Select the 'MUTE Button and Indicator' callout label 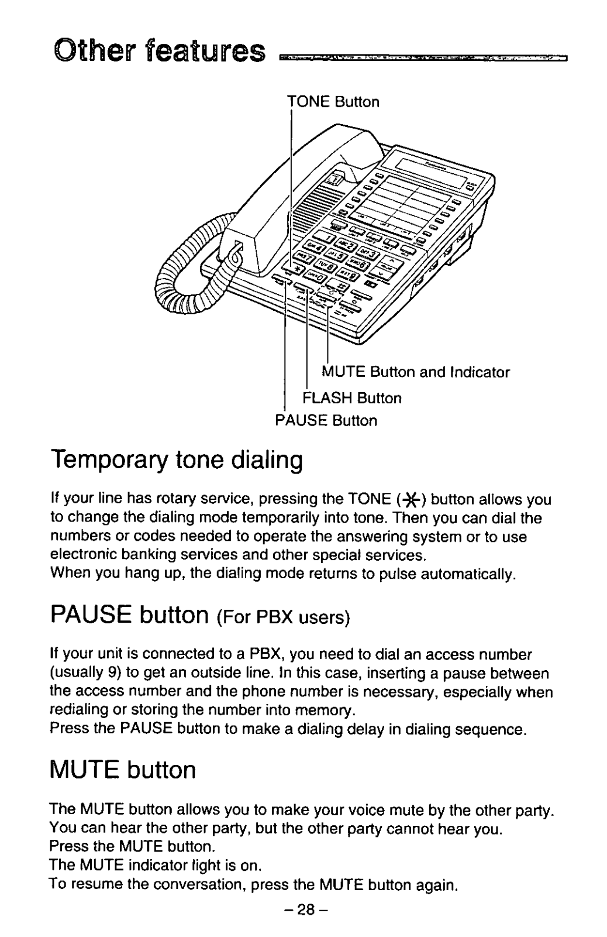tap(416, 372)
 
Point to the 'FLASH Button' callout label tap(352, 399)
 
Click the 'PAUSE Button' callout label tap(326, 421)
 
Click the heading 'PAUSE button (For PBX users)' tap(200, 615)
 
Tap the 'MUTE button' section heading tap(123, 770)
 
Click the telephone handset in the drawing tap(292, 193)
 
